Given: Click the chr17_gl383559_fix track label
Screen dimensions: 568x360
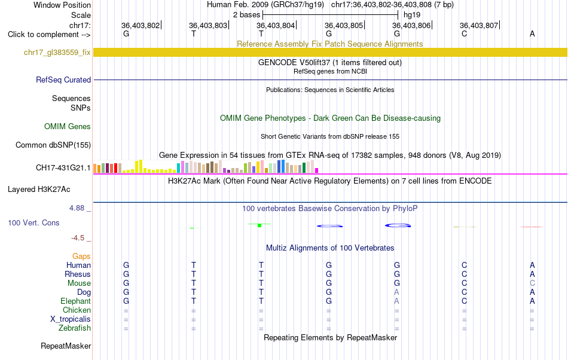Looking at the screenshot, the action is [x=57, y=53].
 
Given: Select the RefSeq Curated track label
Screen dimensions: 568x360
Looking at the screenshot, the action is [x=63, y=80].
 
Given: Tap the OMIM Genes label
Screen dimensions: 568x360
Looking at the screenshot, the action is [x=68, y=126].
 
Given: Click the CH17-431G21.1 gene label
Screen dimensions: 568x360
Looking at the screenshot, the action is [x=63, y=168].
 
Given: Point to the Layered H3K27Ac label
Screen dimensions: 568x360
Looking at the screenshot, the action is [x=39, y=190].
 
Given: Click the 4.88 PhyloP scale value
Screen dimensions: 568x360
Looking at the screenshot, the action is [x=77, y=208].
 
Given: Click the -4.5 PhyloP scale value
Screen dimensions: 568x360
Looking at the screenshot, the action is [x=78, y=237].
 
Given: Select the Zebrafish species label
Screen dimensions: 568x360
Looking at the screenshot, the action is [x=75, y=328].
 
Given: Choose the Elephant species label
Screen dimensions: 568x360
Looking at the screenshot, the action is [x=76, y=301].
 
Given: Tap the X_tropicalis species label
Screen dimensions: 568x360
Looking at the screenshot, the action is [x=71, y=319].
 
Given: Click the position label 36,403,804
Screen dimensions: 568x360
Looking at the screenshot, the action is [x=276, y=25].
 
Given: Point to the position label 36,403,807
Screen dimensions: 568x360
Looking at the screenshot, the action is [x=479, y=25].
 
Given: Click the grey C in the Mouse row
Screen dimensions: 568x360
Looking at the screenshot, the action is [x=532, y=283].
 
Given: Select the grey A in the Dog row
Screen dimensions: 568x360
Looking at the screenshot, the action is [x=396, y=292].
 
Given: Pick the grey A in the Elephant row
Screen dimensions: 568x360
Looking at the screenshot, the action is [x=396, y=301].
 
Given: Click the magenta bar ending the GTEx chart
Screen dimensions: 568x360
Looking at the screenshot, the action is [x=317, y=170].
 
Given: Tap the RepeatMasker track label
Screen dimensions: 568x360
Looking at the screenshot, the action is [x=66, y=346].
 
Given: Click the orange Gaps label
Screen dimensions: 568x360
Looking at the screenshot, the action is [x=81, y=257].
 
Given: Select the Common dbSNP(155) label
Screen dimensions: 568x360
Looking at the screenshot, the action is [x=53, y=145].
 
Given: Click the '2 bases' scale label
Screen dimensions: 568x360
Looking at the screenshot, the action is [x=247, y=15].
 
